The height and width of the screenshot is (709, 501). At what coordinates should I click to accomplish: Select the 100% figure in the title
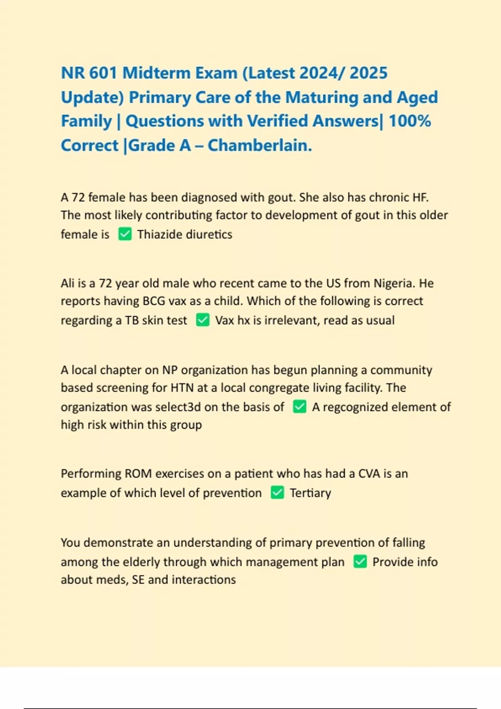click(x=410, y=121)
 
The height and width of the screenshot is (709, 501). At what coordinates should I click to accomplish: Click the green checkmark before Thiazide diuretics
click(x=125, y=234)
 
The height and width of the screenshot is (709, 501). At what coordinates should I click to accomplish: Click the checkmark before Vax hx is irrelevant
click(x=202, y=320)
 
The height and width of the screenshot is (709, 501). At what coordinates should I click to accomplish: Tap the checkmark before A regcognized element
click(x=299, y=407)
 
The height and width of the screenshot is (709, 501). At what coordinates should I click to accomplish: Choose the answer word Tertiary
click(x=310, y=493)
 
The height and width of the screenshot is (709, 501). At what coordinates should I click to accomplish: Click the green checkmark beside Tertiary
click(x=277, y=493)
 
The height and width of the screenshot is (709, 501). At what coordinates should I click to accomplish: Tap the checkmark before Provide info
click(x=360, y=562)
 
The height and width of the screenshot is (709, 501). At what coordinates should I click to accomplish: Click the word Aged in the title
click(x=417, y=98)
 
